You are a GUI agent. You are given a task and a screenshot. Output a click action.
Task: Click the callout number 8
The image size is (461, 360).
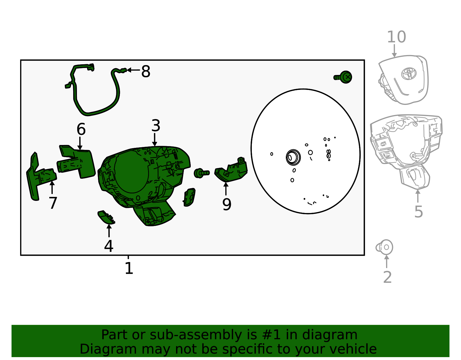point(146,71)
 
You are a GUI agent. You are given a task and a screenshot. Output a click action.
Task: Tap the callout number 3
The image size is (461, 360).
point(156,126)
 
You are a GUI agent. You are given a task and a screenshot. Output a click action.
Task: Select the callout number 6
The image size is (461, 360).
point(81,129)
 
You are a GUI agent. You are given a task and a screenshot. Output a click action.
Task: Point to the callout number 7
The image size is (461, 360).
point(53,203)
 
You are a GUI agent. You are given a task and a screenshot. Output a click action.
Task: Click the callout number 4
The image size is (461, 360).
point(109,246)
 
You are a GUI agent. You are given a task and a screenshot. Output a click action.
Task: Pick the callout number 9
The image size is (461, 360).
point(226,205)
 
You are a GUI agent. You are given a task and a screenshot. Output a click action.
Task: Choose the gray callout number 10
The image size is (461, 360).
point(396,37)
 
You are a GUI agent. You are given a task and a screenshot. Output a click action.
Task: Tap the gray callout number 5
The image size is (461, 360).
point(419,212)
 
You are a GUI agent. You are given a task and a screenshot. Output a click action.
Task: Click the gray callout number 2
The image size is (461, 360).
point(388,277)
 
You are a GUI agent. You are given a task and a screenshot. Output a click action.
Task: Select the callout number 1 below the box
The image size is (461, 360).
point(129,268)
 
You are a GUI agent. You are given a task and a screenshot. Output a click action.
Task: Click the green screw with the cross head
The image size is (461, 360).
point(343,77)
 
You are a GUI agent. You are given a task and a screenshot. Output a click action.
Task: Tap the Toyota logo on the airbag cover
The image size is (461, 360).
point(409,73)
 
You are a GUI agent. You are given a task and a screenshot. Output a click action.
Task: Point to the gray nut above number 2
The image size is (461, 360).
point(384,247)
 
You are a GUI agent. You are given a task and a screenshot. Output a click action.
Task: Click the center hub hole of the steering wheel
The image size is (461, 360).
point(293,157)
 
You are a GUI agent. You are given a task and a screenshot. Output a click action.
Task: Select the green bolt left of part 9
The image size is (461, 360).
point(201,173)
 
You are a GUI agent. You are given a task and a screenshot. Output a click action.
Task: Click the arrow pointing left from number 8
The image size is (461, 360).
point(133,70)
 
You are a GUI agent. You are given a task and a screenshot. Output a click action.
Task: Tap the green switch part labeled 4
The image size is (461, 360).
point(106,217)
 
